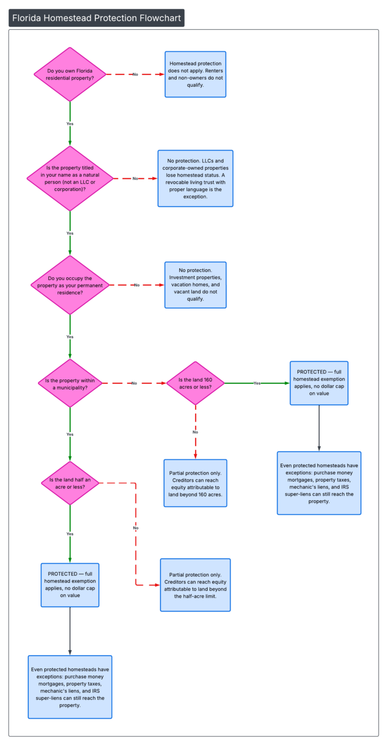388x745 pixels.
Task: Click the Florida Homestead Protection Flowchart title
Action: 96,18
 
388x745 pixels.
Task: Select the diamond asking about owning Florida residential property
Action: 70,74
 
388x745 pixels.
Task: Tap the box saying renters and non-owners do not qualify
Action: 196,74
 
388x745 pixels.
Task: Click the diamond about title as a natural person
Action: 70,179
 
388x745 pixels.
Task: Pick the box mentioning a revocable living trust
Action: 196,178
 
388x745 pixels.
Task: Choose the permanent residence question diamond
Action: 70,285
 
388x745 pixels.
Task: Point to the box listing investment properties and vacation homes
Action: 196,285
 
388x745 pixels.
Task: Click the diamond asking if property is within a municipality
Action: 70,383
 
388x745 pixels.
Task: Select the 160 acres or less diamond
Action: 196,383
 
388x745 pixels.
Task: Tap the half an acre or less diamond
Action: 70,483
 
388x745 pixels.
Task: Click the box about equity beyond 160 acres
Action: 196,483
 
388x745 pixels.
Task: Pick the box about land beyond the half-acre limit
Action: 196,585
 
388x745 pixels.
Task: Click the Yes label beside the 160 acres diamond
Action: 257,383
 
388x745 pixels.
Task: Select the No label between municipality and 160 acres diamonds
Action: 134,383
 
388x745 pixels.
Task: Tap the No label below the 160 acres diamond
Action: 196,432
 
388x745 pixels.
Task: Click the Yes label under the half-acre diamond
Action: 70,534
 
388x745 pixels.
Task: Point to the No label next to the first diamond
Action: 135,74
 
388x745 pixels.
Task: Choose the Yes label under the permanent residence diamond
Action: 70,337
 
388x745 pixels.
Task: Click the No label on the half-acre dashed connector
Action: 136,528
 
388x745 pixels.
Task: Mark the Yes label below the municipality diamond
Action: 70,435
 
